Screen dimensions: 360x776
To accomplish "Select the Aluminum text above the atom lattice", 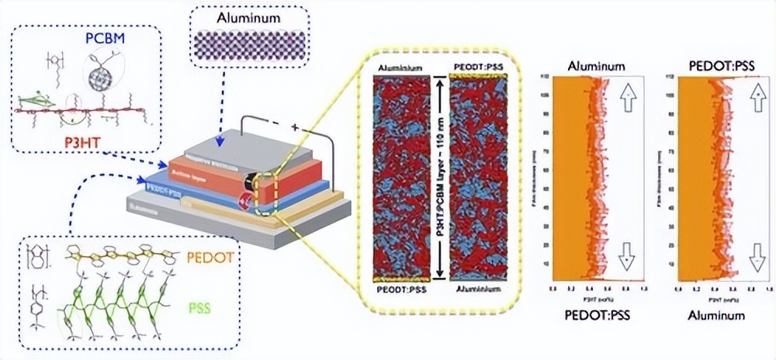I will point(250,17).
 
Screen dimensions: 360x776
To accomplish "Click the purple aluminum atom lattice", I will point(250,42).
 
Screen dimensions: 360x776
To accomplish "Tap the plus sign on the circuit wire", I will point(295,126).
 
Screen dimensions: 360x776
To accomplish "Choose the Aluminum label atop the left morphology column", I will point(400,68).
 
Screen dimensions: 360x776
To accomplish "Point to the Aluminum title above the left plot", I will point(596,67).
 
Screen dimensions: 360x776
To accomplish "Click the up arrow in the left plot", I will point(628,98).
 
